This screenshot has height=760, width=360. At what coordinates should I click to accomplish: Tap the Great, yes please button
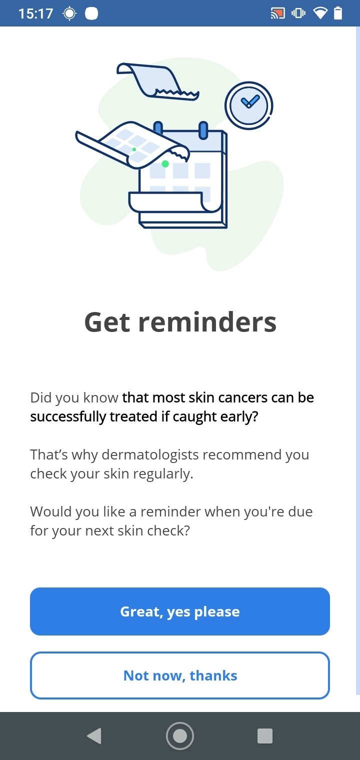point(180,611)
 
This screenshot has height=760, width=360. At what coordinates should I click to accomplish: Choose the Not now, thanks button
point(180,675)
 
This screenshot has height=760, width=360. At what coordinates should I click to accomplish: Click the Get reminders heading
point(180,322)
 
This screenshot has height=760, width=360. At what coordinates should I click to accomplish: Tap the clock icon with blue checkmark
point(249,105)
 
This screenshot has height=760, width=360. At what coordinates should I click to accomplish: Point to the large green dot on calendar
point(165,164)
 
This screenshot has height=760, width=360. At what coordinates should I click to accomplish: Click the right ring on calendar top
point(203,130)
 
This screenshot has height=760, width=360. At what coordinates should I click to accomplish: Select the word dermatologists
point(150,455)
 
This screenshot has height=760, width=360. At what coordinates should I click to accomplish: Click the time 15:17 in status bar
point(35,13)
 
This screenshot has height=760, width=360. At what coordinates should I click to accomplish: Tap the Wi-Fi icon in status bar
point(319,13)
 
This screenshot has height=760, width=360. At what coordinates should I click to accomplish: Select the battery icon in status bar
point(338,13)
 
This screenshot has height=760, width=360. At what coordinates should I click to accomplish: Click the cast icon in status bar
point(277,13)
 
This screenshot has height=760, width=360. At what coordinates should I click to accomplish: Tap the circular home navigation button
point(180,736)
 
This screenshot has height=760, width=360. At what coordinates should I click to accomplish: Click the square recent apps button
point(265,736)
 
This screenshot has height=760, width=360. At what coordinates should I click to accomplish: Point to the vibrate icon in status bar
point(298,13)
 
